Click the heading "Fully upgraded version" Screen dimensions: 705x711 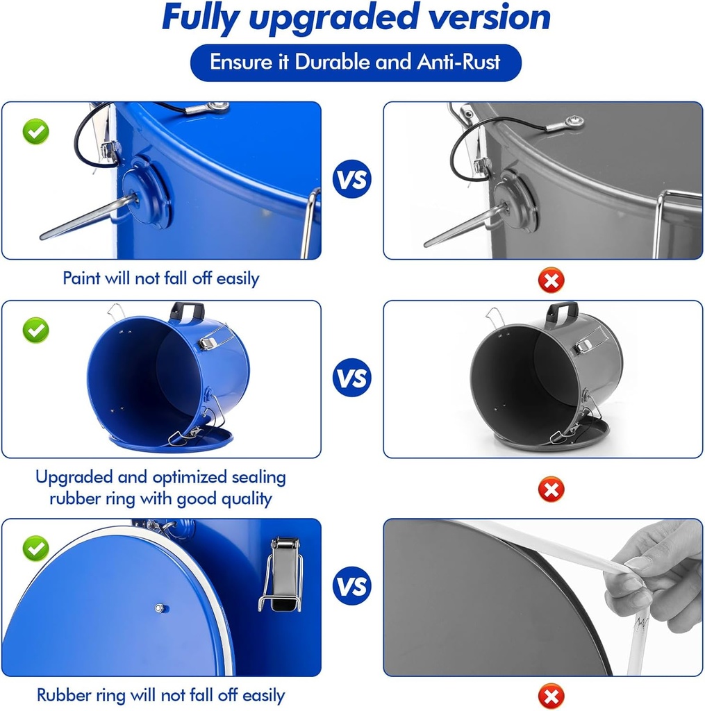(x=356, y=18)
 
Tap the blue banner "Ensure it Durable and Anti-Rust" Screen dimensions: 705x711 (x=356, y=62)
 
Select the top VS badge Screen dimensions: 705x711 (x=352, y=179)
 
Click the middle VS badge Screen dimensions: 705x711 (x=352, y=377)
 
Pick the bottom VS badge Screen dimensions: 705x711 (x=352, y=586)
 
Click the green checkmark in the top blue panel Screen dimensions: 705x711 (x=36, y=131)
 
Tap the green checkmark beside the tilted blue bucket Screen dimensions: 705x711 (x=36, y=330)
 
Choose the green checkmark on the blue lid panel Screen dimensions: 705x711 (x=36, y=549)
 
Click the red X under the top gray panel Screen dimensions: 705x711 (x=551, y=280)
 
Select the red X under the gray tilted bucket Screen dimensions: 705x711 (x=551, y=490)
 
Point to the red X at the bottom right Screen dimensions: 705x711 (x=551, y=696)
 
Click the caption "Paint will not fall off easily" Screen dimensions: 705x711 (x=161, y=278)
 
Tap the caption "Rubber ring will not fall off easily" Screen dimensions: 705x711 (x=161, y=695)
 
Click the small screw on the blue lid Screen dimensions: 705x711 (x=159, y=608)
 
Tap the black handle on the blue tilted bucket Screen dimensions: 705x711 (x=187, y=312)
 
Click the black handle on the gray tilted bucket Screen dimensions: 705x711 (x=563, y=312)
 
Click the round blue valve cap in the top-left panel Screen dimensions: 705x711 (x=147, y=193)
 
